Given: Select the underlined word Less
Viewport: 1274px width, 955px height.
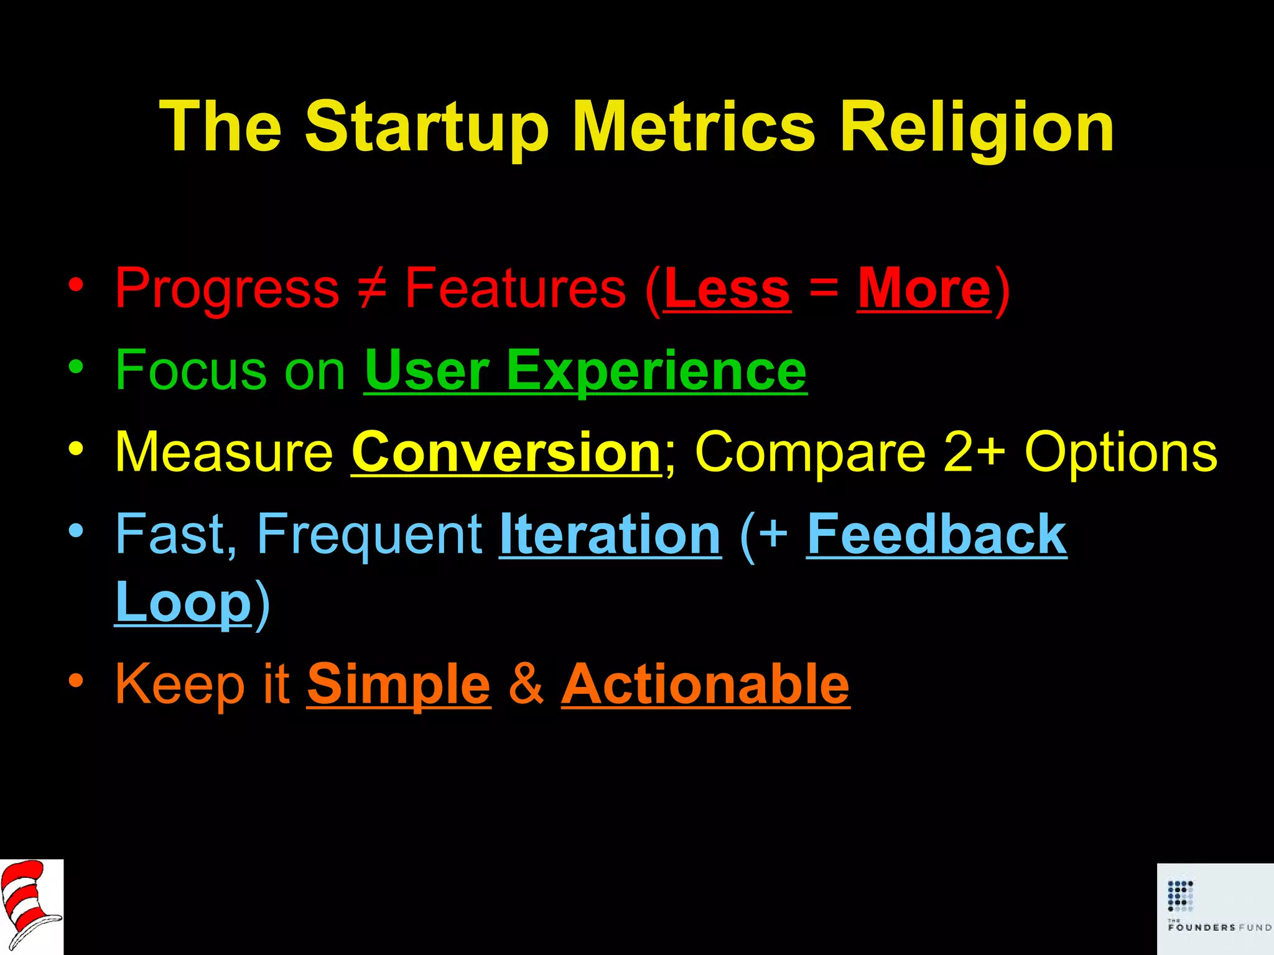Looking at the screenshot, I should point(727,288).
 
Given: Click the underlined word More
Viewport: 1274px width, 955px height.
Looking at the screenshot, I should point(924,288).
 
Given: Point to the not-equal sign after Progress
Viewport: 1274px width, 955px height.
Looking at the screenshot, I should point(372,288).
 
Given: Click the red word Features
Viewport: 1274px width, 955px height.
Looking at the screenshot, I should point(515,288).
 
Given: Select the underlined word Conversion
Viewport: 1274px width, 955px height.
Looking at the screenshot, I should point(506,453).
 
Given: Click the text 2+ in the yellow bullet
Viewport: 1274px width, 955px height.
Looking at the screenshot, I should point(974,453).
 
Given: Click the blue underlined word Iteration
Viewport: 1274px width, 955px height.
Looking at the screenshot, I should point(610,535).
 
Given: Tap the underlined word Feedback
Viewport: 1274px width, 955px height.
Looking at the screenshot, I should point(937,535).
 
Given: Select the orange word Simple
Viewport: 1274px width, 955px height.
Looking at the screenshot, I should point(399,685).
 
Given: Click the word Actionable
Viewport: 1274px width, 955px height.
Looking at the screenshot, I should point(705,685).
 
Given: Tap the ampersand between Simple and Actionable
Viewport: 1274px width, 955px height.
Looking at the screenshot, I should point(526,685).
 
